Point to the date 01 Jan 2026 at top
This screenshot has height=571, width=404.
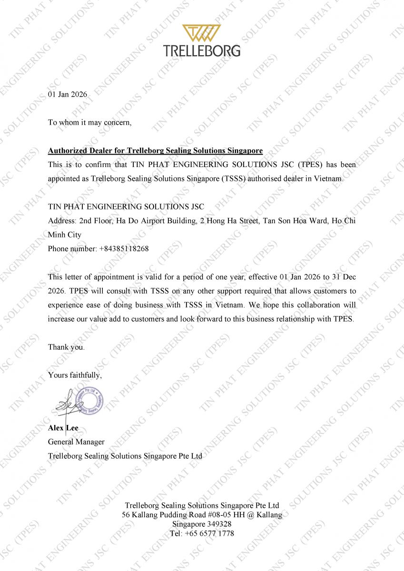click(68, 94)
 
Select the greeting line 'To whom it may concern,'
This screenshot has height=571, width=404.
click(89, 122)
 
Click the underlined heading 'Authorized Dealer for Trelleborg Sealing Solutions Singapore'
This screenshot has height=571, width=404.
click(155, 151)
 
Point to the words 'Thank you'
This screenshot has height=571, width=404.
click(66, 347)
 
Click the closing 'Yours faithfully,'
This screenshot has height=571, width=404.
click(75, 375)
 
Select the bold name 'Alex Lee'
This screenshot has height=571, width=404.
click(63, 428)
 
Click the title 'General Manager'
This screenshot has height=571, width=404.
click(76, 442)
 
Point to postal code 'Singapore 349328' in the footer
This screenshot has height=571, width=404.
click(202, 524)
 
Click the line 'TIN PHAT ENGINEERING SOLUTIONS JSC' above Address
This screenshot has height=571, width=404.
click(126, 207)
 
